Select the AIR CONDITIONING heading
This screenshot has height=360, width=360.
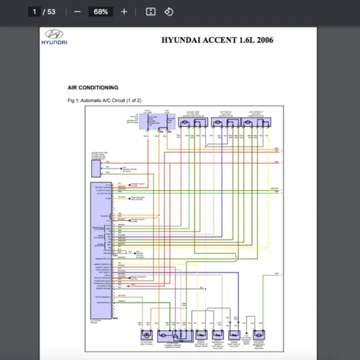(x=93, y=88)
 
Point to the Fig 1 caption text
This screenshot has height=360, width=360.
(x=105, y=100)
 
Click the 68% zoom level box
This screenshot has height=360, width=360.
(x=100, y=11)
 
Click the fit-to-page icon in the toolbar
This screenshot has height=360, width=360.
(x=151, y=11)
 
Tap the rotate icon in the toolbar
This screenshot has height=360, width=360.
(x=169, y=11)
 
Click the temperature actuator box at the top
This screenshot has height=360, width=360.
(x=193, y=122)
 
